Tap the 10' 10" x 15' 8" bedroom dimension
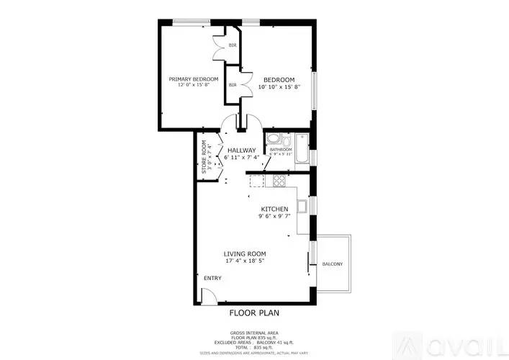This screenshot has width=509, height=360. (x=279, y=87)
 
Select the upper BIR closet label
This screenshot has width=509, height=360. (x=233, y=45)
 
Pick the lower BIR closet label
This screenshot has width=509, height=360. (x=233, y=85)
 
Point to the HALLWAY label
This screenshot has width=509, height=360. (x=242, y=150)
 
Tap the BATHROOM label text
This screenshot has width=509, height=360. (x=281, y=150)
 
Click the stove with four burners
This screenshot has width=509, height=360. (x=279, y=180)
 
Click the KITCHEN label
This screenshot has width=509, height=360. (x=274, y=209)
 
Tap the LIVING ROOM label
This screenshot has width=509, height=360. (x=245, y=253)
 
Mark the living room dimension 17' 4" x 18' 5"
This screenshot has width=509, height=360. (x=245, y=261)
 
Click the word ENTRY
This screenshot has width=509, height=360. (x=212, y=278)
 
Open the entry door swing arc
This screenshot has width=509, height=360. (x=209, y=295)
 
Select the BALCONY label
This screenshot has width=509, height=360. (x=333, y=264)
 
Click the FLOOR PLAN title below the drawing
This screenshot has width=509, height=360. (x=254, y=312)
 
